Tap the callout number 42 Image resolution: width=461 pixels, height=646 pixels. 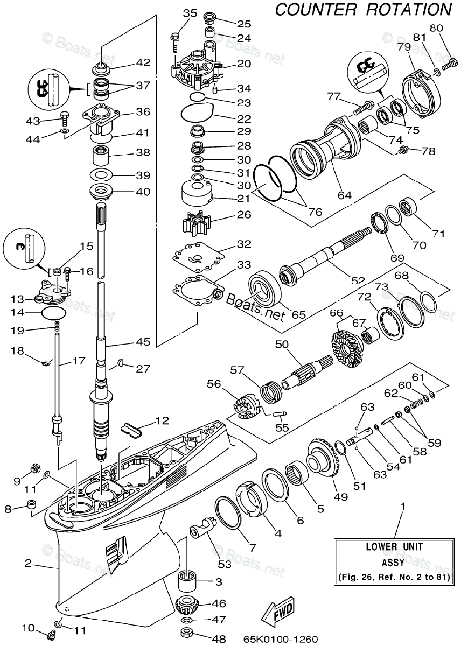pyautogui.click(x=143, y=62)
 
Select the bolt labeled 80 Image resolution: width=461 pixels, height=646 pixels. pyautogui.click(x=448, y=65)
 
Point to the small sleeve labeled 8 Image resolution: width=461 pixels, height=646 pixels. pyautogui.click(x=32, y=506)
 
